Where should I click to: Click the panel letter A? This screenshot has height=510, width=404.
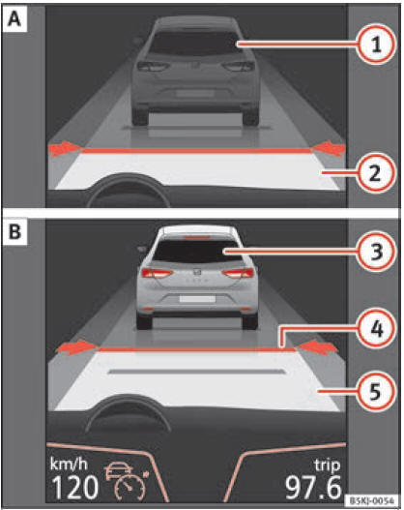pos(15,19)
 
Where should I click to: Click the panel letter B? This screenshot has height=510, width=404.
pos(15,232)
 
